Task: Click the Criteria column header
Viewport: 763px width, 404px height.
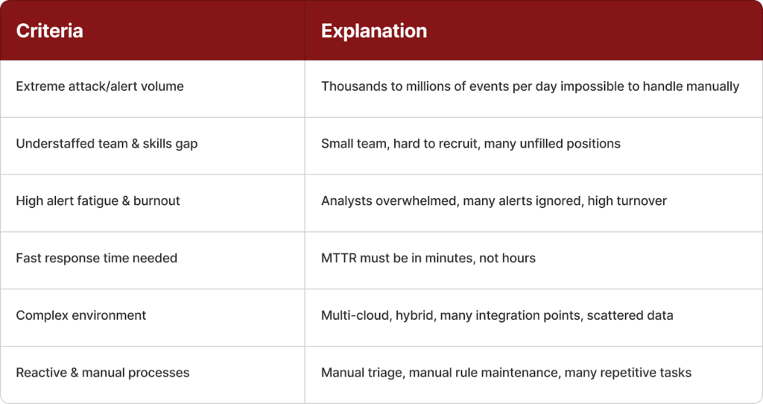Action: point(49,31)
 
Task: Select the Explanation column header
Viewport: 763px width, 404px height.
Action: point(374,31)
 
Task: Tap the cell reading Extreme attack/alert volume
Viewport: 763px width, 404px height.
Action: point(100,86)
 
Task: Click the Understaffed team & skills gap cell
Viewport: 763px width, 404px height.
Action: point(107,144)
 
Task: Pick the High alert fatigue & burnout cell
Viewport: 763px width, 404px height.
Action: point(98,201)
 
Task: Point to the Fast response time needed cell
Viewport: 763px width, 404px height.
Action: point(96,258)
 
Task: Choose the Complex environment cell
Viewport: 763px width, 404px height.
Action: point(80,315)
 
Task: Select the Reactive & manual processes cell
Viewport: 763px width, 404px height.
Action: point(103,373)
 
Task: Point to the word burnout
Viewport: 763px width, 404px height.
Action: point(156,201)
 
